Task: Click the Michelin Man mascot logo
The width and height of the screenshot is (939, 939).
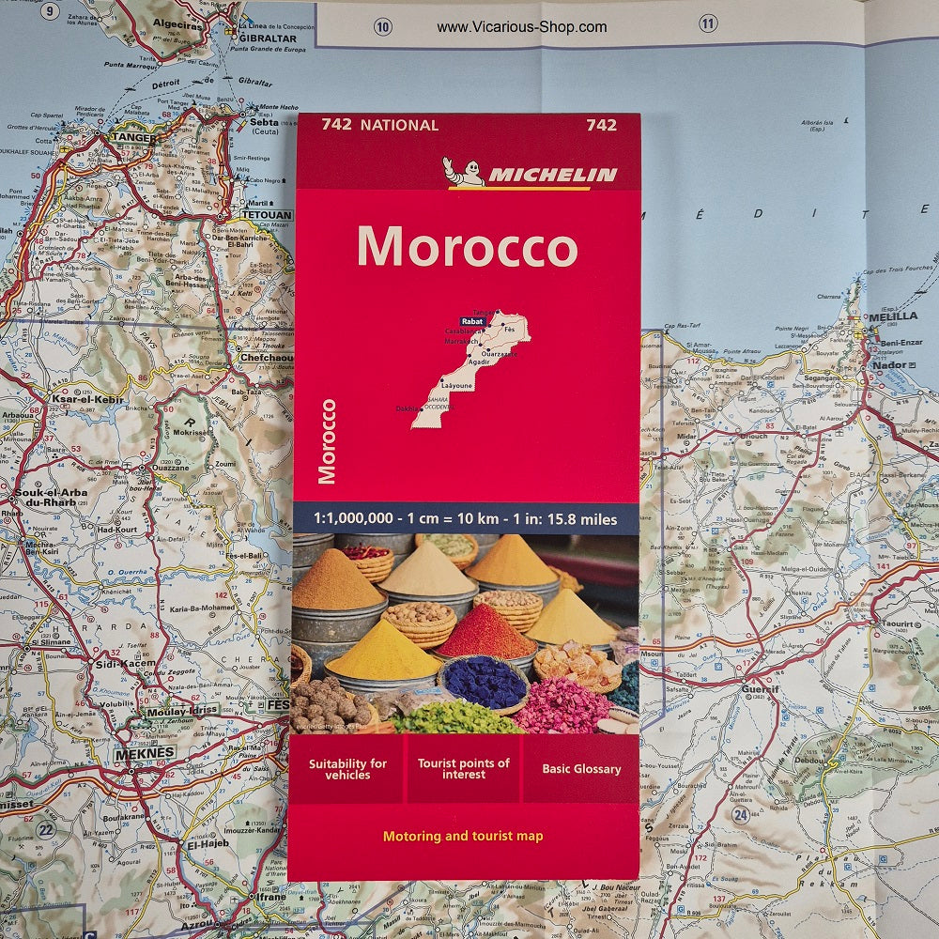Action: coord(464,172)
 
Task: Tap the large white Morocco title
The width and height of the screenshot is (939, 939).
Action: coord(467,247)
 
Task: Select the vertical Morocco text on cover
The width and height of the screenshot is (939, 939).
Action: coord(328,441)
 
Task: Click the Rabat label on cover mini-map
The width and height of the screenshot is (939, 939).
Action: coord(473,321)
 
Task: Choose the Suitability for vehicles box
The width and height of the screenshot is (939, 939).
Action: coord(347,769)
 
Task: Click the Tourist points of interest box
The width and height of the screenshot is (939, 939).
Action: coord(464,769)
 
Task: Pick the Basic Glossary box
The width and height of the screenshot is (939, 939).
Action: coord(581,769)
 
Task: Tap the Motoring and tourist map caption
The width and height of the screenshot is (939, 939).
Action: coord(463,836)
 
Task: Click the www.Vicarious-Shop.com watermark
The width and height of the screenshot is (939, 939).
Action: coord(522,27)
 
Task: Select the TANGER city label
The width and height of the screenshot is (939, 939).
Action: coord(134,137)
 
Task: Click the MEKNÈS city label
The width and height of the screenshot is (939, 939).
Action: coord(144,753)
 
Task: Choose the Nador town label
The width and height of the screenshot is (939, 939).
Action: coord(889,364)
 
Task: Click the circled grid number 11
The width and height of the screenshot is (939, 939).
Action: coord(708,23)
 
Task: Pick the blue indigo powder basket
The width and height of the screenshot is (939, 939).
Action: coord(485,683)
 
